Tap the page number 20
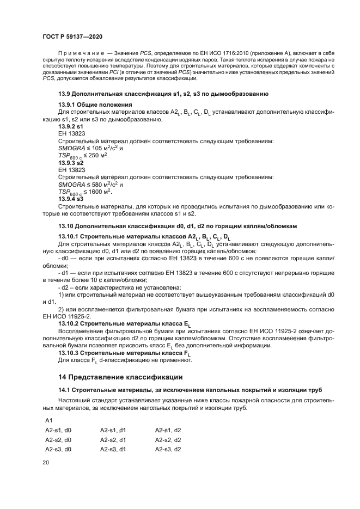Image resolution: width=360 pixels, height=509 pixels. pyautogui.click(x=46, y=462)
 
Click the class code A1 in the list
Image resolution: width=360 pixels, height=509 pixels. pyautogui.click(x=48, y=421)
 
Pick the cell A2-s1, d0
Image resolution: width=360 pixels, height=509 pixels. pyautogui.click(x=58, y=430)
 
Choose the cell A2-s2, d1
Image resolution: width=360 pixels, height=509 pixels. pyautogui.click(x=113, y=440)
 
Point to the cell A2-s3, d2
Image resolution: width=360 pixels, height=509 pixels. pyautogui.click(x=168, y=449)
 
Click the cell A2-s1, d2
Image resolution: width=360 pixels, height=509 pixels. pyautogui.click(x=168, y=430)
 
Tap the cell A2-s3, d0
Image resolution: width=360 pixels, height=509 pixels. pyautogui.click(x=58, y=449)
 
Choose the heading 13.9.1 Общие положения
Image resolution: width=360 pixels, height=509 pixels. pyautogui.click(x=95, y=104)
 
